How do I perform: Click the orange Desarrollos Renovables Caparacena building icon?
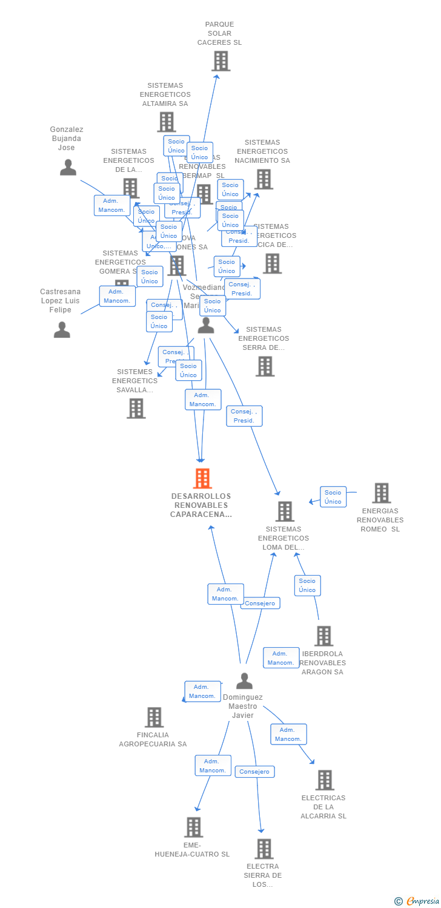[x=202, y=478]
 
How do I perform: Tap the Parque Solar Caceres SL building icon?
[x=221, y=61]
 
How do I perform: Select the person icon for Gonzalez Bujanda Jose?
[x=68, y=167]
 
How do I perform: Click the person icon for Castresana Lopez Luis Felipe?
[x=62, y=329]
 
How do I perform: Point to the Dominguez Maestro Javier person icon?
[x=244, y=681]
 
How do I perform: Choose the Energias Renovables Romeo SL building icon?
[x=381, y=493]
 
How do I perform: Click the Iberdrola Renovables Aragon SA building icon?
[x=323, y=636]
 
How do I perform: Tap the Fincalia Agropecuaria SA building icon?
[x=154, y=717]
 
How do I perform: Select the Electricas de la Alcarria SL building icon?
[x=325, y=780]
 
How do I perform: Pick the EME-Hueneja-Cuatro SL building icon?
[x=193, y=827]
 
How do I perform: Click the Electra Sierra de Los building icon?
[x=264, y=849]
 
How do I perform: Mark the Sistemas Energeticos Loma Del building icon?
[x=285, y=512]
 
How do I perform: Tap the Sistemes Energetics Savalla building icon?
[x=136, y=408]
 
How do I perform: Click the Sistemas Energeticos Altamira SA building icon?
[x=166, y=122]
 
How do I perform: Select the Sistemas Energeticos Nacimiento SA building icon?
[x=264, y=179]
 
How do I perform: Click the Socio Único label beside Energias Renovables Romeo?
[x=333, y=497]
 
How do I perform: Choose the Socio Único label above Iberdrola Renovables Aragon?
[x=307, y=585]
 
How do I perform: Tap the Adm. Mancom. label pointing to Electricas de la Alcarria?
[x=288, y=734]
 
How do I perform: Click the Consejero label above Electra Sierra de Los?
[x=254, y=772]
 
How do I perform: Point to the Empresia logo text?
[x=422, y=901]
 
